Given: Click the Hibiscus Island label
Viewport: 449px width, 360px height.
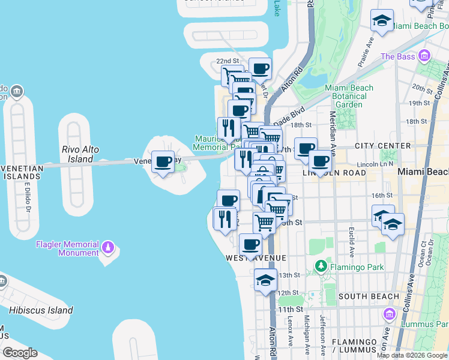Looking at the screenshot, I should (x=41, y=310).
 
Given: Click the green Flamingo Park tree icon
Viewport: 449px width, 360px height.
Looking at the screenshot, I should (x=321, y=265).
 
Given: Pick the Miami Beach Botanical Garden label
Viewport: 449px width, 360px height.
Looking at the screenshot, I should (x=349, y=96).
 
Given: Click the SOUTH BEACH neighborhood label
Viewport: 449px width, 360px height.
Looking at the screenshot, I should (x=369, y=296).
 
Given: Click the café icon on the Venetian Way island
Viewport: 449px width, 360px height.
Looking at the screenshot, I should (x=163, y=161).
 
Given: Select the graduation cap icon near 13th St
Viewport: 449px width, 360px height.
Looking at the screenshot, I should (x=265, y=280).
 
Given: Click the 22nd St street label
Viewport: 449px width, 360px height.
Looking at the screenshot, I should (x=228, y=61).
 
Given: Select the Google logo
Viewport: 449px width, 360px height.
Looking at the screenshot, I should (x=20, y=353).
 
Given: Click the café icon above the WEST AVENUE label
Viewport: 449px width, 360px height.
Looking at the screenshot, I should (x=250, y=244).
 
